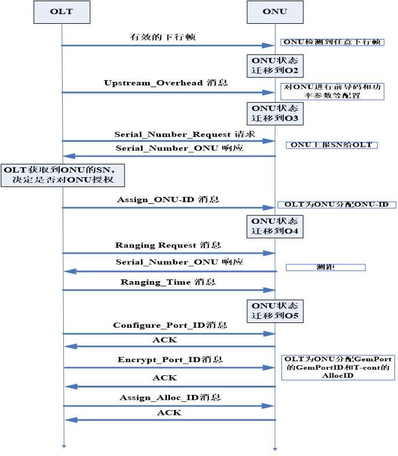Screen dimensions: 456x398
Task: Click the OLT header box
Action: point(61,12)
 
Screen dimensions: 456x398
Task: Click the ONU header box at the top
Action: point(274,12)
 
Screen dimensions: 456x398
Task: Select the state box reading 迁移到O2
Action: point(275,65)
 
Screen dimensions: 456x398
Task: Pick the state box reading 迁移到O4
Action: point(275,226)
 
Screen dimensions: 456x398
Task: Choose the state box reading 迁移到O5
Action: point(275,311)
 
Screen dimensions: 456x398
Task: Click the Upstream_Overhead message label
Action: point(165,83)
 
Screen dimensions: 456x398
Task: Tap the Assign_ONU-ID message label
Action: point(168,199)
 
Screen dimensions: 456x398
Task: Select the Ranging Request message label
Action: point(168,245)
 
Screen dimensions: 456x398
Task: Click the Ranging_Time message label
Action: point(168,282)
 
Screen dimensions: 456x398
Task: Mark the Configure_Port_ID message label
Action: point(169,325)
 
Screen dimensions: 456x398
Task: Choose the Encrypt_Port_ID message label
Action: point(169,360)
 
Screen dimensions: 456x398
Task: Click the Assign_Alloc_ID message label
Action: point(169,397)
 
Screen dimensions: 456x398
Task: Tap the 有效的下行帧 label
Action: point(162,37)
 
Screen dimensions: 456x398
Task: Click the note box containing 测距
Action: point(325,267)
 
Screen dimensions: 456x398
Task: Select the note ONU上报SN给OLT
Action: point(331,145)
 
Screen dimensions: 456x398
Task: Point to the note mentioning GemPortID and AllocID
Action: point(338,367)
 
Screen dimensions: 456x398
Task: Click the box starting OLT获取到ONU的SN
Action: point(63,174)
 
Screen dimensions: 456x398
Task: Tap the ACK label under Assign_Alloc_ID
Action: point(169,412)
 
